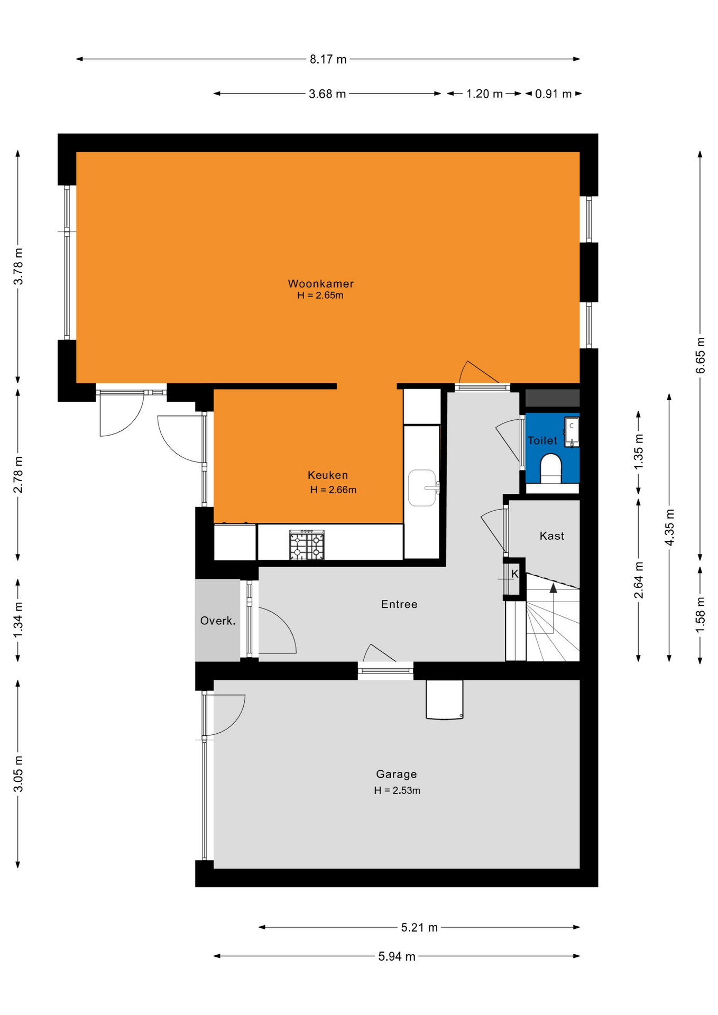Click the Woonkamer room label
[320, 283]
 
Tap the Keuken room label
[328, 475]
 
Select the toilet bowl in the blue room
[550, 468]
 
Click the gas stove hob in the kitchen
[307, 545]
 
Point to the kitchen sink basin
[422, 488]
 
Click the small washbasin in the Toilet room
[572, 432]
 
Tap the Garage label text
[397, 774]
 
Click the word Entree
[399, 604]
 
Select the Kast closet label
[551, 536]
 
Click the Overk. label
[218, 621]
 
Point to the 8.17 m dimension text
[328, 59]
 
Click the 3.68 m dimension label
[327, 94]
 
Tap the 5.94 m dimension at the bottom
[397, 956]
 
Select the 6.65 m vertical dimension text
[701, 355]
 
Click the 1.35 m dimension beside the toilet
[639, 451]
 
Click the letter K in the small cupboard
[515, 574]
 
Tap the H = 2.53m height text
[397, 790]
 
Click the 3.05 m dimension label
[19, 774]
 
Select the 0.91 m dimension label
[554, 94]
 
